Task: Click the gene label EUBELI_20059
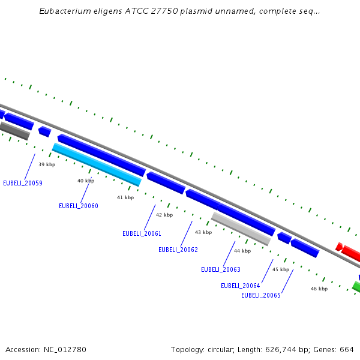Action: tap(23, 183)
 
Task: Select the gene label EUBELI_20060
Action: tap(79, 206)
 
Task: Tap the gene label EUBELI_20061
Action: tap(142, 233)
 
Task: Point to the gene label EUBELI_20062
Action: tap(178, 250)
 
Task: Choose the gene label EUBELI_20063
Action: tap(221, 270)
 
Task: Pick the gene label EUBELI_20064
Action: tap(241, 286)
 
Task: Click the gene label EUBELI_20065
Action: tap(261, 295)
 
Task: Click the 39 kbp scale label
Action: tap(47, 164)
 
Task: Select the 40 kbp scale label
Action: tap(86, 181)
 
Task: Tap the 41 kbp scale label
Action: tap(125, 197)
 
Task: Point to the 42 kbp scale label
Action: tap(164, 215)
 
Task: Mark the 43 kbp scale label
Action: tap(203, 232)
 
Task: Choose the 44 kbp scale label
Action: tap(242, 251)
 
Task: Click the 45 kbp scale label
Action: tap(281, 269)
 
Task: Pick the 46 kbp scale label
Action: tap(319, 289)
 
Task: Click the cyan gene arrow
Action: tap(97, 164)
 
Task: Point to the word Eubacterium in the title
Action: tap(62, 11)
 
